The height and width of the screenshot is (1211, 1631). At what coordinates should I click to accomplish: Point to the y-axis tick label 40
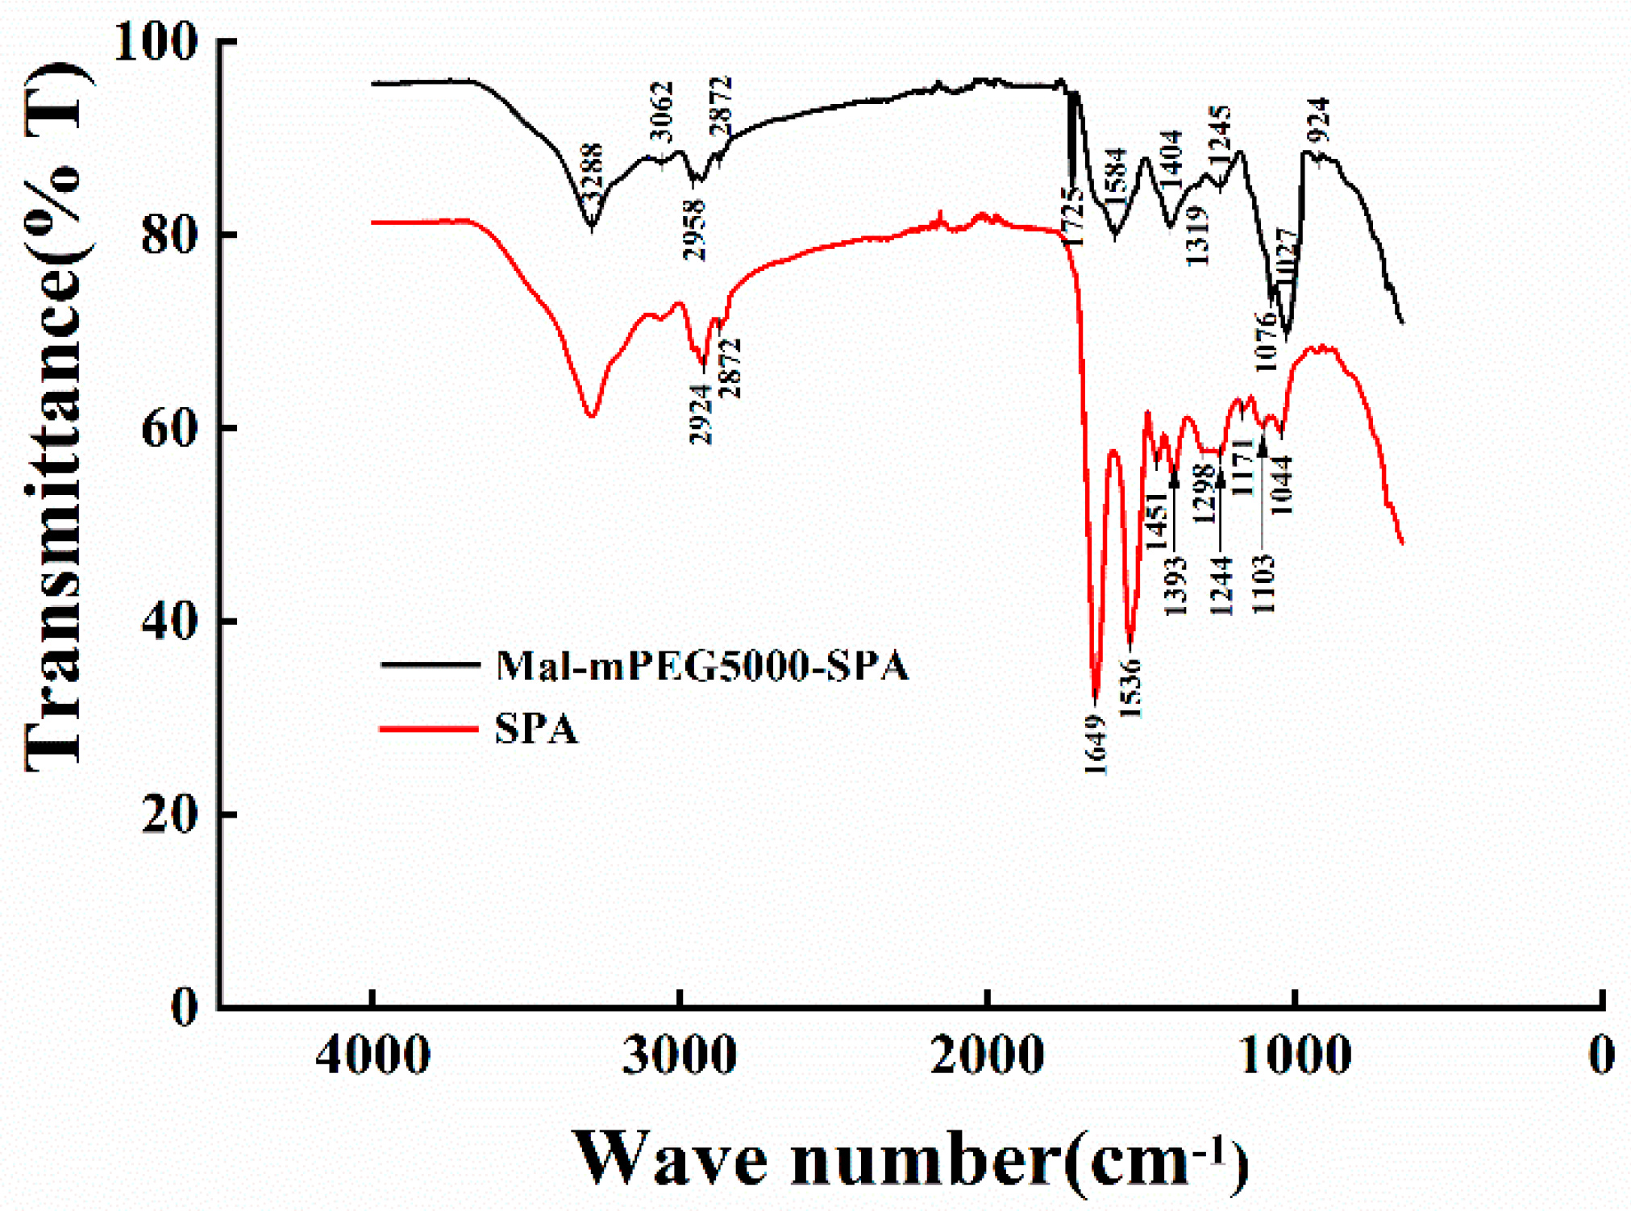coord(169,622)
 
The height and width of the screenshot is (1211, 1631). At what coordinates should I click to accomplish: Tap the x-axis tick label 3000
coord(679,1055)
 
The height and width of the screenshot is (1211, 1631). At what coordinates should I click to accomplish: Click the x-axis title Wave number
coord(911,1158)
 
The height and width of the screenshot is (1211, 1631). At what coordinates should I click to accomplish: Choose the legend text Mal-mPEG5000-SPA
coord(701,666)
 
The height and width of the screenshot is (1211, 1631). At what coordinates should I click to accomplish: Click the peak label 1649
coord(1096,744)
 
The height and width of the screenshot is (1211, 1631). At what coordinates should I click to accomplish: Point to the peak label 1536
coord(1131,688)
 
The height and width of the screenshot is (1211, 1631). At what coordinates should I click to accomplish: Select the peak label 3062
coord(660,113)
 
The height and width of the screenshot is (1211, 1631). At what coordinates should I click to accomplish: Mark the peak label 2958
coord(694,229)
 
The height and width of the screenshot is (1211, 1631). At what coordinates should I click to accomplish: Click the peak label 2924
coord(701,413)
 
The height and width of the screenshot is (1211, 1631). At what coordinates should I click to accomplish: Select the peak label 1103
coord(1263,584)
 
